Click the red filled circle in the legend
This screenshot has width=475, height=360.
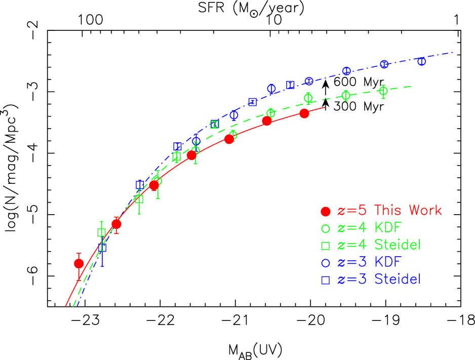(326, 211)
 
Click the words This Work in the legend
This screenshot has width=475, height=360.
(408, 211)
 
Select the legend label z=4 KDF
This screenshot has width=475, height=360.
(369, 228)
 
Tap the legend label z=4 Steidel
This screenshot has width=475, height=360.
(379, 245)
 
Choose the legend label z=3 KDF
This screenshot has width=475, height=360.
(369, 262)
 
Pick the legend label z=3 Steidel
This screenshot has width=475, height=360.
(379, 279)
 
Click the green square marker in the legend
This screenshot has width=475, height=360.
(326, 246)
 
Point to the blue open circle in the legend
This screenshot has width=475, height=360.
(326, 263)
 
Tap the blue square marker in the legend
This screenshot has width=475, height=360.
(326, 280)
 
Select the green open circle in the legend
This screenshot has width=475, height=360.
(326, 228)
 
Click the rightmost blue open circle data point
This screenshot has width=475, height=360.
(421, 61)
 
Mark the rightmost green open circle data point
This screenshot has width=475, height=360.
(383, 91)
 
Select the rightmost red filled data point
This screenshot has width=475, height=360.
(304, 113)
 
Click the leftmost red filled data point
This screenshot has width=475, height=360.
(78, 263)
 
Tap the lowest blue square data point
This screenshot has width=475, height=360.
(102, 248)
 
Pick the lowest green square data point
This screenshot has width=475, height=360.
(102, 232)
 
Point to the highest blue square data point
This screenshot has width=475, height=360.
(290, 85)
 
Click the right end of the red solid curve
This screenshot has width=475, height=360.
(324, 107)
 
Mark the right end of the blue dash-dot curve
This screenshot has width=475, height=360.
(453, 52)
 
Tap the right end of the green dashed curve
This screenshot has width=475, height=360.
(410, 87)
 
